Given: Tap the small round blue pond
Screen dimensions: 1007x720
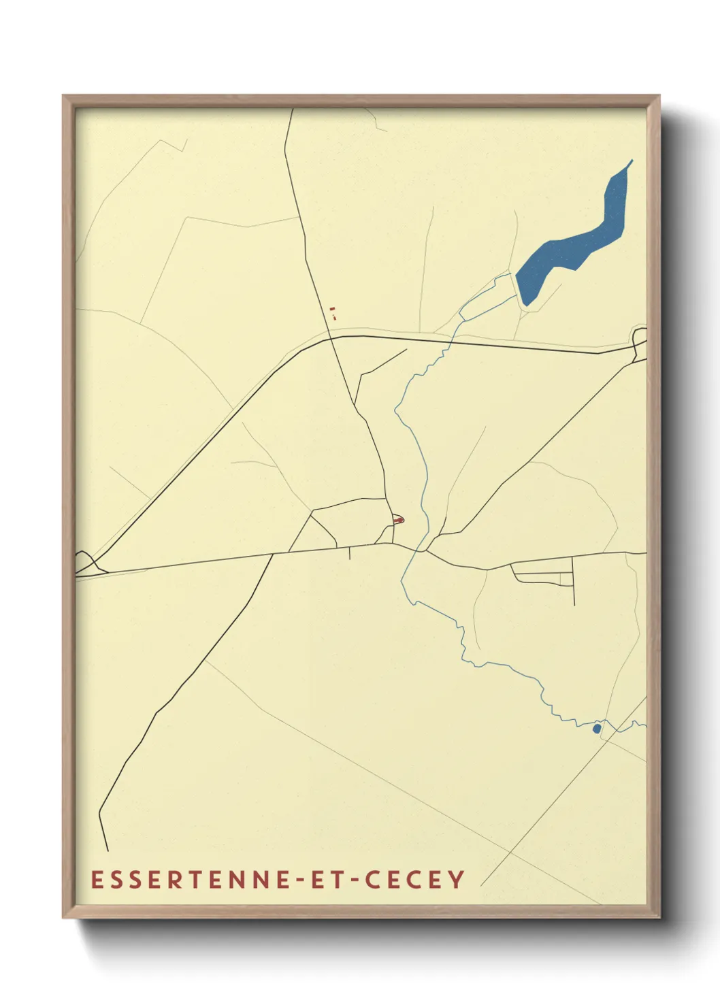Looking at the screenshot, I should (597, 729).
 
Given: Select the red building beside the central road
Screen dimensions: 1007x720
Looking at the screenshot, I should (399, 521).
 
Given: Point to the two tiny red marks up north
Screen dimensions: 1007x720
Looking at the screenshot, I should (333, 312).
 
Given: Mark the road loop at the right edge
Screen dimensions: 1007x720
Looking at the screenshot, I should (639, 339).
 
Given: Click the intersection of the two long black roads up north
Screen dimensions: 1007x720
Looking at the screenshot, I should (330, 337).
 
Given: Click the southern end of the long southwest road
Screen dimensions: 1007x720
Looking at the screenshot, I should (108, 850).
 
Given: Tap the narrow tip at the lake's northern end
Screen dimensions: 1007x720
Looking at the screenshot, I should (632, 161).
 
